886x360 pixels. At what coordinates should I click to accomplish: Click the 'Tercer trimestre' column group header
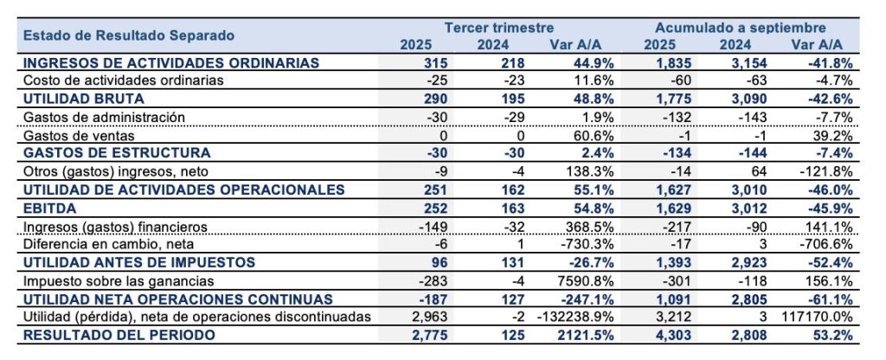pyautogui.click(x=498, y=28)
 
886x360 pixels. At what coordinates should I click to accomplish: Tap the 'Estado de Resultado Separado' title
pyautogui.click(x=129, y=36)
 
